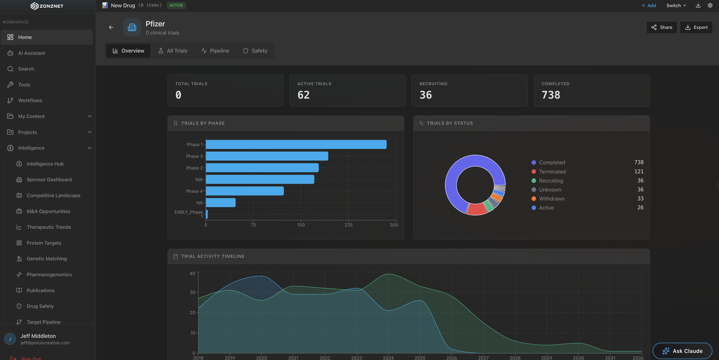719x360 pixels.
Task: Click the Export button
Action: (696, 27)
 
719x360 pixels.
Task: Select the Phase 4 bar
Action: (245, 191)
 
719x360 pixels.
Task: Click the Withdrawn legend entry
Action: (551, 199)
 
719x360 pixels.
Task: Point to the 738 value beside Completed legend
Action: (639, 162)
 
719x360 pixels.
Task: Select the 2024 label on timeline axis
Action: (388, 358)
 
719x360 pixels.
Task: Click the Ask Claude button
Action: (682, 351)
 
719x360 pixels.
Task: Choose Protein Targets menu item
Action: (44, 243)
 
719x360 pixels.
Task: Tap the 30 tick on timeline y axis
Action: (192, 292)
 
